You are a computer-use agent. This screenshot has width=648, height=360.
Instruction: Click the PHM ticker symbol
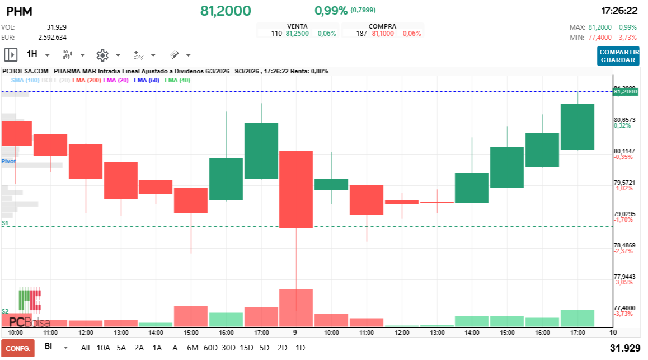coord(19,11)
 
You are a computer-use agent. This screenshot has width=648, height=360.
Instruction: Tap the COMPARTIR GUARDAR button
coord(618,56)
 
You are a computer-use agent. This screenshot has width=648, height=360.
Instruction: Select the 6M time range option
coord(192,348)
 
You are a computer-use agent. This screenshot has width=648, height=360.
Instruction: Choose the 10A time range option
coord(104,348)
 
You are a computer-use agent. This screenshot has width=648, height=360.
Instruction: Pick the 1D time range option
coord(300,348)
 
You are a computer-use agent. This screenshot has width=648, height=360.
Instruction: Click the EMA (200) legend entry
coord(86,80)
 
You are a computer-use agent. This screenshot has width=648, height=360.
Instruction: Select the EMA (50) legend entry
coord(146,80)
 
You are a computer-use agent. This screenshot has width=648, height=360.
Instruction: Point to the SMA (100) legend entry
coord(25,80)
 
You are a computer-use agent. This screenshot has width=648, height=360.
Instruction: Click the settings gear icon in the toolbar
coord(102,55)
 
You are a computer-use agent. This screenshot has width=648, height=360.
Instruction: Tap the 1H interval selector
coord(32,54)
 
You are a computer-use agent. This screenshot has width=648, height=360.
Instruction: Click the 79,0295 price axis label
coord(624,214)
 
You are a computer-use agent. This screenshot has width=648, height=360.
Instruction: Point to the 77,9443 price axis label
coord(624,277)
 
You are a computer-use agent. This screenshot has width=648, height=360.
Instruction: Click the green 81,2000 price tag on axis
coord(625,91)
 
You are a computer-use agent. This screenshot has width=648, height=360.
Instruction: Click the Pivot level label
coord(8,161)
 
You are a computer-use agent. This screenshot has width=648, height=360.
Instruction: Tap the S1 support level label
coord(5,223)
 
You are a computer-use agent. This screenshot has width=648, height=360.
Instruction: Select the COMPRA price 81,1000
coord(383,34)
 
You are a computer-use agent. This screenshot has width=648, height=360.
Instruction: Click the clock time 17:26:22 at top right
coord(619,11)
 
